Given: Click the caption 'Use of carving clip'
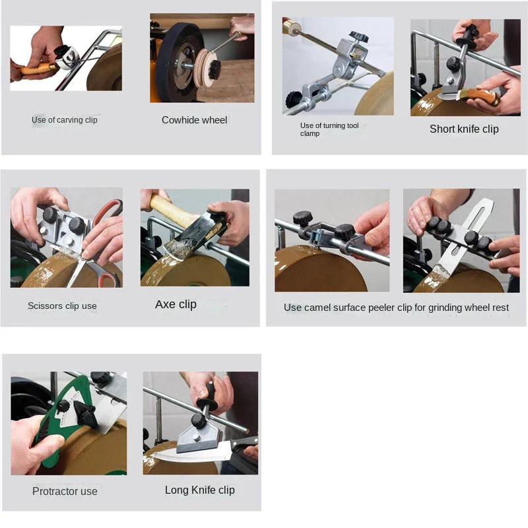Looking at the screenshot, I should pyautogui.click(x=65, y=120).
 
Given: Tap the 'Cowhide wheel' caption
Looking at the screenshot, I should pyautogui.click(x=194, y=120).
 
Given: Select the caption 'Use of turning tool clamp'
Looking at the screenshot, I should pyautogui.click(x=329, y=129).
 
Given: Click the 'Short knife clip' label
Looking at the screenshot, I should pyautogui.click(x=464, y=129).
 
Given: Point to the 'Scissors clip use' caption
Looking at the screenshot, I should pyautogui.click(x=62, y=306).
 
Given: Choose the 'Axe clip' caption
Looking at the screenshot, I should pyautogui.click(x=176, y=304).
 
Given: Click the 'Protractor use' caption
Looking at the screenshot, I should pyautogui.click(x=65, y=491).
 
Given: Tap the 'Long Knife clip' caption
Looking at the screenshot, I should pyautogui.click(x=199, y=490).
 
